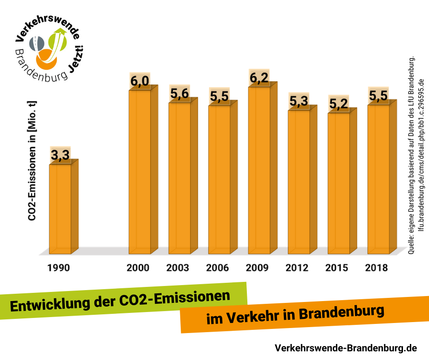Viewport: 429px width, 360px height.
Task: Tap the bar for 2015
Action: [x=339, y=183]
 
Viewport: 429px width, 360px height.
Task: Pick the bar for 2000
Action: [x=140, y=172]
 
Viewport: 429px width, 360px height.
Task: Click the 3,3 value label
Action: [x=60, y=156]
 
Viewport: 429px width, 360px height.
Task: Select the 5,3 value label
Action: [x=298, y=102]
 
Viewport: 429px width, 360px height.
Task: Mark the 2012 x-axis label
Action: [x=297, y=268]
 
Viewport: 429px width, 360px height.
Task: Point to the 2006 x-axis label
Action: [x=218, y=268]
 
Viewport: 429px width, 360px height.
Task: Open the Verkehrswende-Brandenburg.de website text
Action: [x=345, y=348]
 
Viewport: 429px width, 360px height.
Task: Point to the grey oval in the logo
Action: [x=37, y=43]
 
